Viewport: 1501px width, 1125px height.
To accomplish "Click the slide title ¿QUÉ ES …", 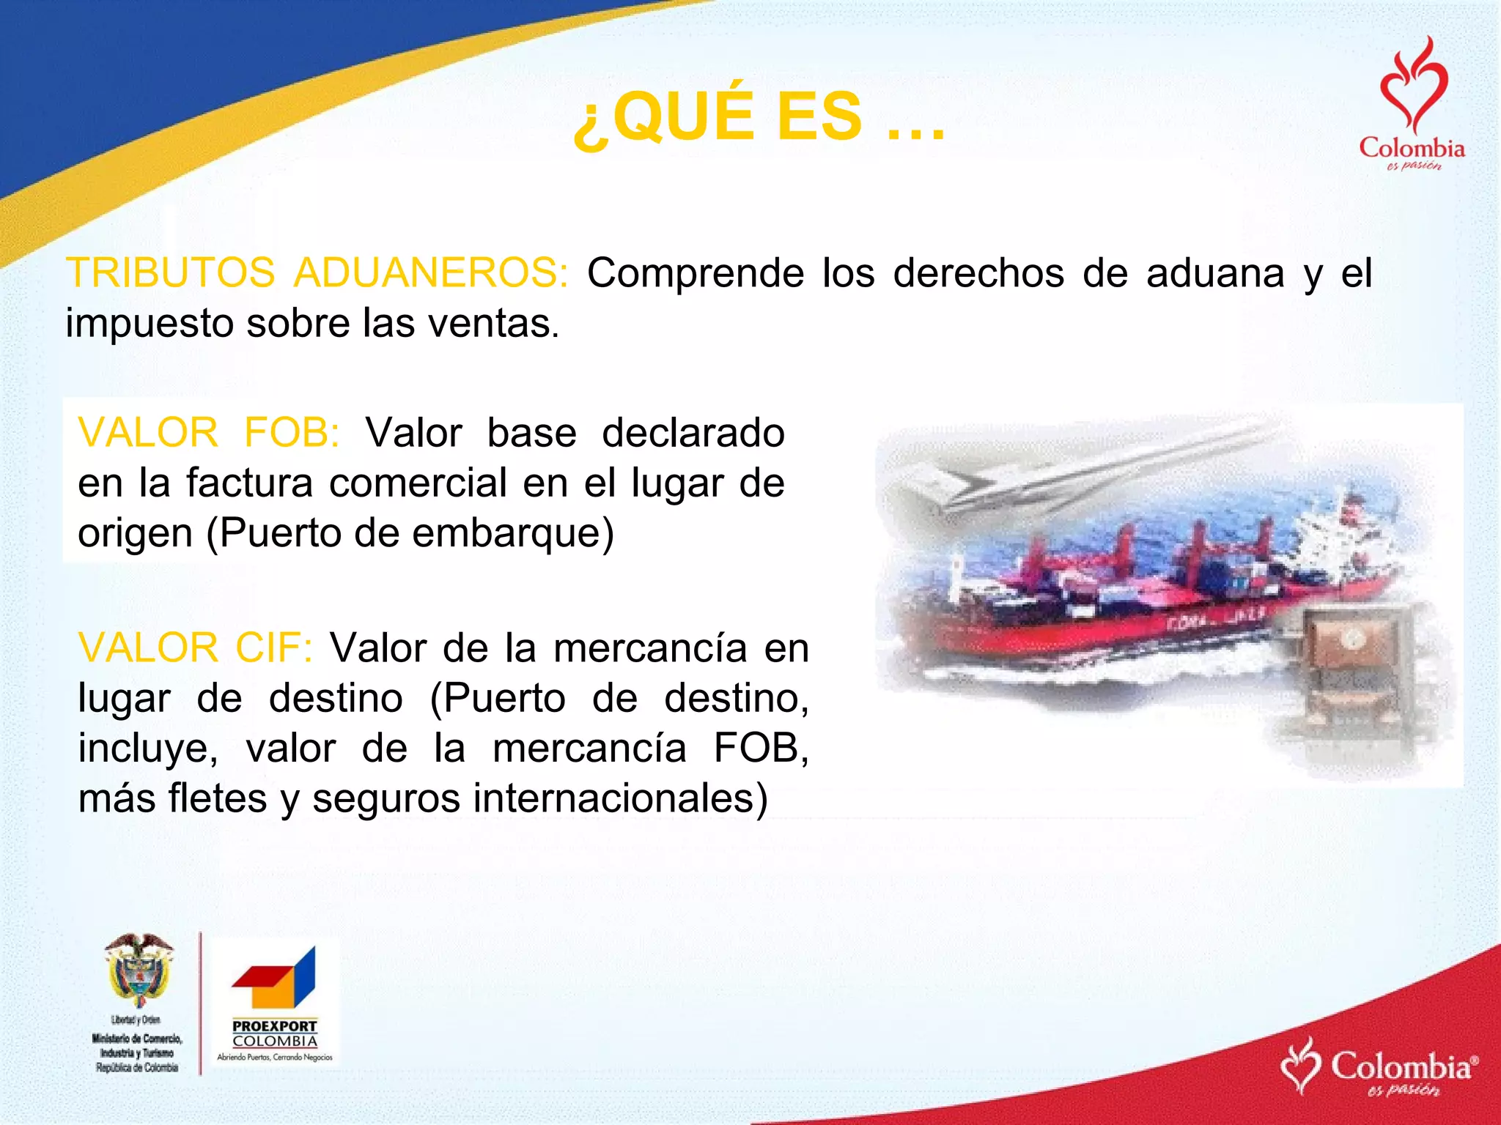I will (x=759, y=117).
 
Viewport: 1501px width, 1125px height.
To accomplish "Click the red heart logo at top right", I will (x=1413, y=88).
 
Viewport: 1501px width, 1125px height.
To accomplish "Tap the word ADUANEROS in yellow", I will (x=431, y=273).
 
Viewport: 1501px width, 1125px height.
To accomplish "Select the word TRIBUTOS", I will (x=170, y=273).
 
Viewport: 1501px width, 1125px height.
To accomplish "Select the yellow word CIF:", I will (x=274, y=648).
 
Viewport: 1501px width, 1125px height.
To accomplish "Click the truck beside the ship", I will (x=1349, y=667).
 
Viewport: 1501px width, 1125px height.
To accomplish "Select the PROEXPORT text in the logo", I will (x=275, y=1026).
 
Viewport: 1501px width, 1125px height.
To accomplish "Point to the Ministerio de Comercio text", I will (x=137, y=1039).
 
